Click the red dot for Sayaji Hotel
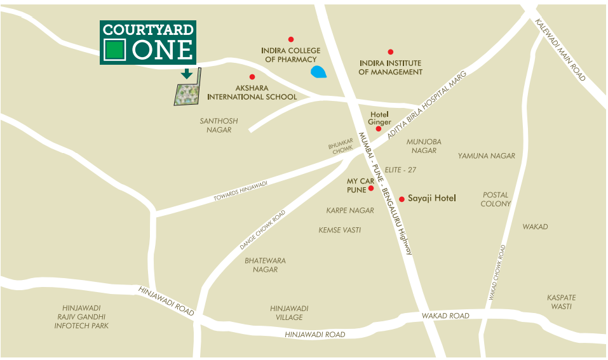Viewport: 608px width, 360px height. click(x=402, y=199)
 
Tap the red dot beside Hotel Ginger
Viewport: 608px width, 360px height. click(x=379, y=129)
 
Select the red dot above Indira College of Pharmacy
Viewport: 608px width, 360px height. click(x=291, y=39)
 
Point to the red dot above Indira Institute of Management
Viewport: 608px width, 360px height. click(x=390, y=52)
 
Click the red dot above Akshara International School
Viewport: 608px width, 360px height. click(x=252, y=77)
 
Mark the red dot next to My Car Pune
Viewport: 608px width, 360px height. click(x=371, y=188)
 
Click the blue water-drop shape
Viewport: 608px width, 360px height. click(x=319, y=72)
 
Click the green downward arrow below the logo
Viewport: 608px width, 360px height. click(x=187, y=74)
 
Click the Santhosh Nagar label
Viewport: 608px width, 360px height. click(x=219, y=125)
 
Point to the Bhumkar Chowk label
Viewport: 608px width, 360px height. click(x=341, y=148)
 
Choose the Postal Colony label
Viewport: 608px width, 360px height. click(x=496, y=199)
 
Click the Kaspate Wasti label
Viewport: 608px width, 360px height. click(x=562, y=302)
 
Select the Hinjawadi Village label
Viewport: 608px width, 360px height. click(x=289, y=312)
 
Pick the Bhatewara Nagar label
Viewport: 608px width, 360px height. click(x=265, y=265)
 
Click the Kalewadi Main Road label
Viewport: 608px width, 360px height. click(x=560, y=50)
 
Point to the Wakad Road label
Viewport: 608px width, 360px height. click(x=445, y=316)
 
